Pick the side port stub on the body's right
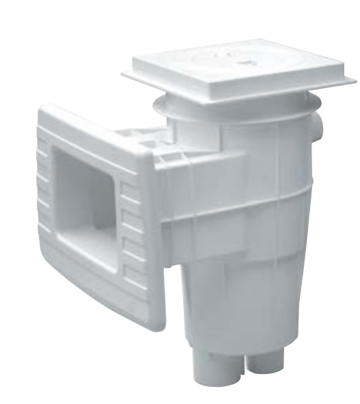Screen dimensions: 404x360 316,130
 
